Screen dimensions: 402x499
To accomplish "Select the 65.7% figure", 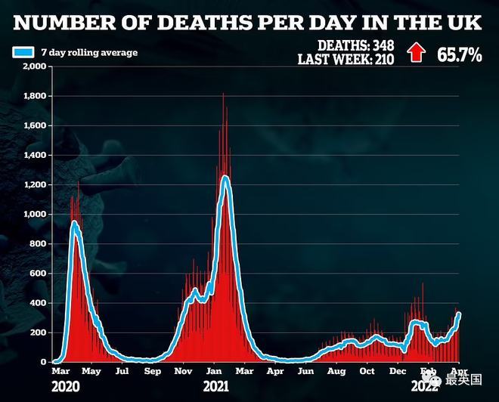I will point(458,54).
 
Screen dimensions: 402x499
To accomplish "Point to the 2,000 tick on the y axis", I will point(36,66).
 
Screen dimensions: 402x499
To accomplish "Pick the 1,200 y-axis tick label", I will point(36,185).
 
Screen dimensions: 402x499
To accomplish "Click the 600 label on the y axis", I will point(39,274).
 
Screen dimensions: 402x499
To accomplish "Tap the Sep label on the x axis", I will point(153,372).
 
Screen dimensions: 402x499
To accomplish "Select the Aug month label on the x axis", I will point(336,372).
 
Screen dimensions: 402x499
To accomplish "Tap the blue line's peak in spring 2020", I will point(74,223).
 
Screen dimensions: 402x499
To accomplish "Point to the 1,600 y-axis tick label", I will point(36,126).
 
